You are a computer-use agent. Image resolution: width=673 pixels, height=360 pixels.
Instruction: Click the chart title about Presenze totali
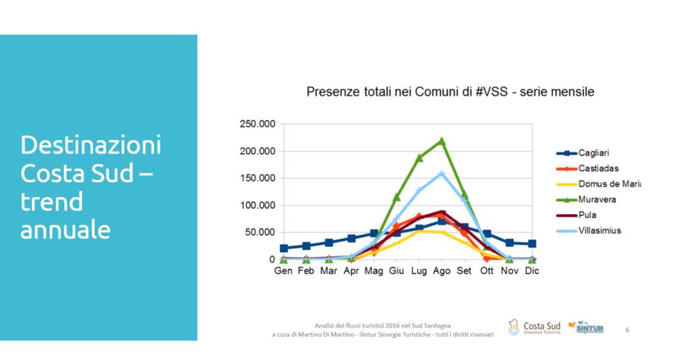[450, 92]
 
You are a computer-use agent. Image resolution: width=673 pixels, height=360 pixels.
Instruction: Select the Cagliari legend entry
[595, 153]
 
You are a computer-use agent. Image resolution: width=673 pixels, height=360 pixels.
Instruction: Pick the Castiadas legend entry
[598, 169]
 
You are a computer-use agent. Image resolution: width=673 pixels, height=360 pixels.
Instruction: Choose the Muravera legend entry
[597, 199]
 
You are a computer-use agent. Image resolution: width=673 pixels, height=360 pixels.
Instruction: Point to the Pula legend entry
[588, 215]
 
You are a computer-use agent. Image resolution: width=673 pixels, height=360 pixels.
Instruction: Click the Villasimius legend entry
[599, 231]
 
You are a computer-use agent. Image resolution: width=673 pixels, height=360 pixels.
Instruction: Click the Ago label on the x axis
[442, 271]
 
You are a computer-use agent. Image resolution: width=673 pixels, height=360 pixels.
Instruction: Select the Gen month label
[283, 271]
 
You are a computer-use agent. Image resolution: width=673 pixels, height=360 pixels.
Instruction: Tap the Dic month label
[532, 271]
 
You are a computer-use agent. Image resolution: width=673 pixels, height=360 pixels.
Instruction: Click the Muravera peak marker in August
[442, 141]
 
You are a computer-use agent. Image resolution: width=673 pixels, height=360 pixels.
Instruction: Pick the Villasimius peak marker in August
[442, 174]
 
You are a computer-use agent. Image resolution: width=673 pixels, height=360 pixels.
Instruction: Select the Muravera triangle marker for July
[419, 158]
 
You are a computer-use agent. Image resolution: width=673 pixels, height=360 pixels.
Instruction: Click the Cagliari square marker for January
[283, 248]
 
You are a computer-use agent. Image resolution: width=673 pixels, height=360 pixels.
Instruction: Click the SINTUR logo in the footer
[586, 326]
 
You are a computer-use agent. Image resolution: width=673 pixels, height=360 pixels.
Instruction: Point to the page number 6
[627, 330]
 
